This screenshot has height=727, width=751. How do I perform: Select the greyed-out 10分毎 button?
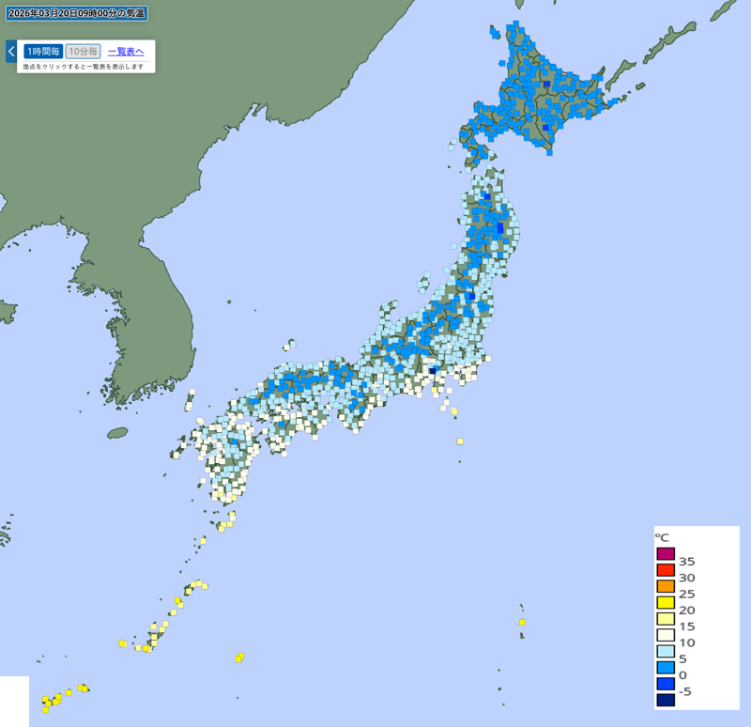point(83,52)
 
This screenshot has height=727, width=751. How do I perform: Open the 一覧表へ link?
point(126,52)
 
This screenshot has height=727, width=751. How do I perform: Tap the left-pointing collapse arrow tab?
point(10,51)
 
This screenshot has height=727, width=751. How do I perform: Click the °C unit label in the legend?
point(663,537)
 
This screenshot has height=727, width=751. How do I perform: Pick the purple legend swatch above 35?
point(666,553)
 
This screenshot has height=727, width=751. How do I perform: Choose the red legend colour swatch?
point(666,569)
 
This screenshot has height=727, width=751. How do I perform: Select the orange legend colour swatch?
point(666,586)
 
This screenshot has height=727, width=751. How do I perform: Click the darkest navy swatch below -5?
point(666,699)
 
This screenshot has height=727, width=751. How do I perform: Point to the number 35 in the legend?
point(686,562)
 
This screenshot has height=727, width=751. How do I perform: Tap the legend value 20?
point(686,611)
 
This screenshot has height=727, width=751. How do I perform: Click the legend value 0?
point(682,675)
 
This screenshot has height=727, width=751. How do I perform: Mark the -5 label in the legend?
point(685,691)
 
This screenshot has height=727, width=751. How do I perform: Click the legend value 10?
point(686,642)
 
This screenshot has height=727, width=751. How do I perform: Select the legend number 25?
point(686,594)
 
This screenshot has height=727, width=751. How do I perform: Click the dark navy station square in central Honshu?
point(433,370)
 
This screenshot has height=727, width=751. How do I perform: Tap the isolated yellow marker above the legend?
point(522,622)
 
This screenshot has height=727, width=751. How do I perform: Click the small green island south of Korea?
point(117,433)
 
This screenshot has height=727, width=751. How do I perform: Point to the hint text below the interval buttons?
point(84,67)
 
